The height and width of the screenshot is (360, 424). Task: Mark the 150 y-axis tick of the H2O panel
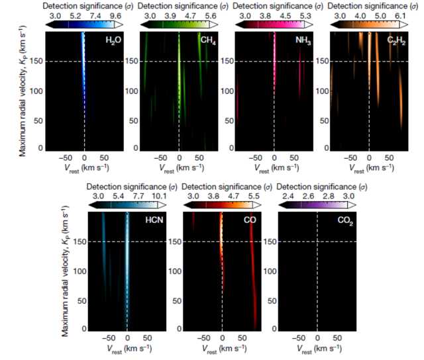coord(53,62)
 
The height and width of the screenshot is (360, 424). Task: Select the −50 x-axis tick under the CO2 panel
coord(299,339)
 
